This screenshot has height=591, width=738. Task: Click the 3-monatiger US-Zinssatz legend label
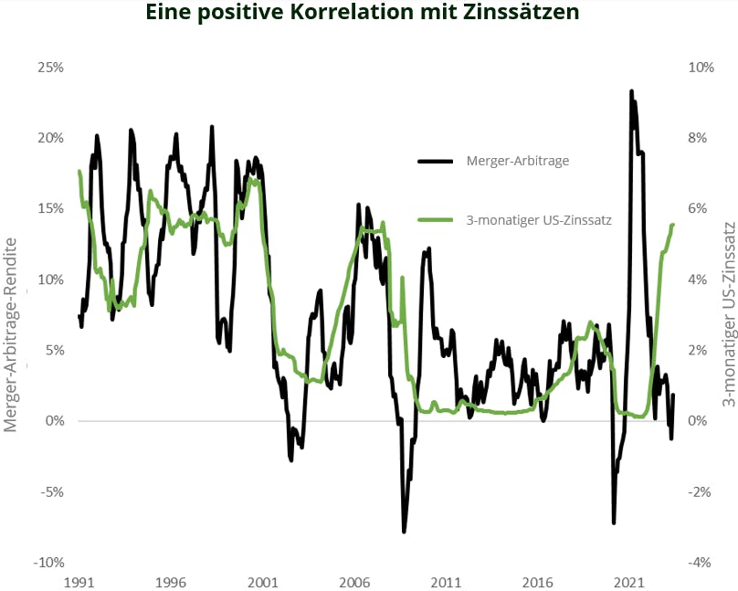(x=539, y=219)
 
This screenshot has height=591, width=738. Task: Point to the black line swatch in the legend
(x=436, y=161)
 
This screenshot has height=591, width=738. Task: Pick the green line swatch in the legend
(x=436, y=219)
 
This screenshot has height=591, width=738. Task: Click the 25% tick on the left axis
(x=50, y=68)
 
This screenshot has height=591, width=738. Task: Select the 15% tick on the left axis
(x=50, y=208)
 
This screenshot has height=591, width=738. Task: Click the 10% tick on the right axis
(x=698, y=68)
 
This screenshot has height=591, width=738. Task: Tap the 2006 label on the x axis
(x=354, y=582)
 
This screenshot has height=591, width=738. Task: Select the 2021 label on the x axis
(x=629, y=582)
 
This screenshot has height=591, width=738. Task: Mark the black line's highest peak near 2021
(x=631, y=91)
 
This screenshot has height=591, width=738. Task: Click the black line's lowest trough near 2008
(x=404, y=532)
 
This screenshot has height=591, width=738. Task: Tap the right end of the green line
(x=673, y=225)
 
